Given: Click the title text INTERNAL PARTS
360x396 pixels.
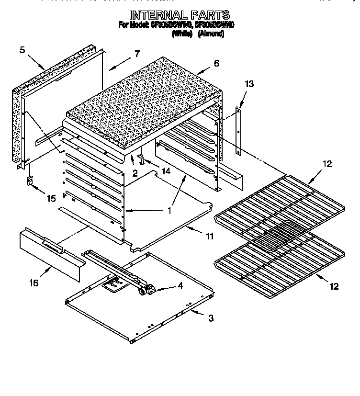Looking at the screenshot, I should point(179,15).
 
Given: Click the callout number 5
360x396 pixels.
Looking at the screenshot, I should point(22,49).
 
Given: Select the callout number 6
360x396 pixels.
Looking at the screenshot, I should point(216,63).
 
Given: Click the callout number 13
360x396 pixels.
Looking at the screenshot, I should point(248,84).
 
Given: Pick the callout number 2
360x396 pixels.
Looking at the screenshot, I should point(135,174).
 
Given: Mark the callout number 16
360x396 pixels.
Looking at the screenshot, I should point(33,283).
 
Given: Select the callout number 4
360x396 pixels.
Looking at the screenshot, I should point(180,286).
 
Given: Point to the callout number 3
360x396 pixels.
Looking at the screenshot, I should point(211,318).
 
